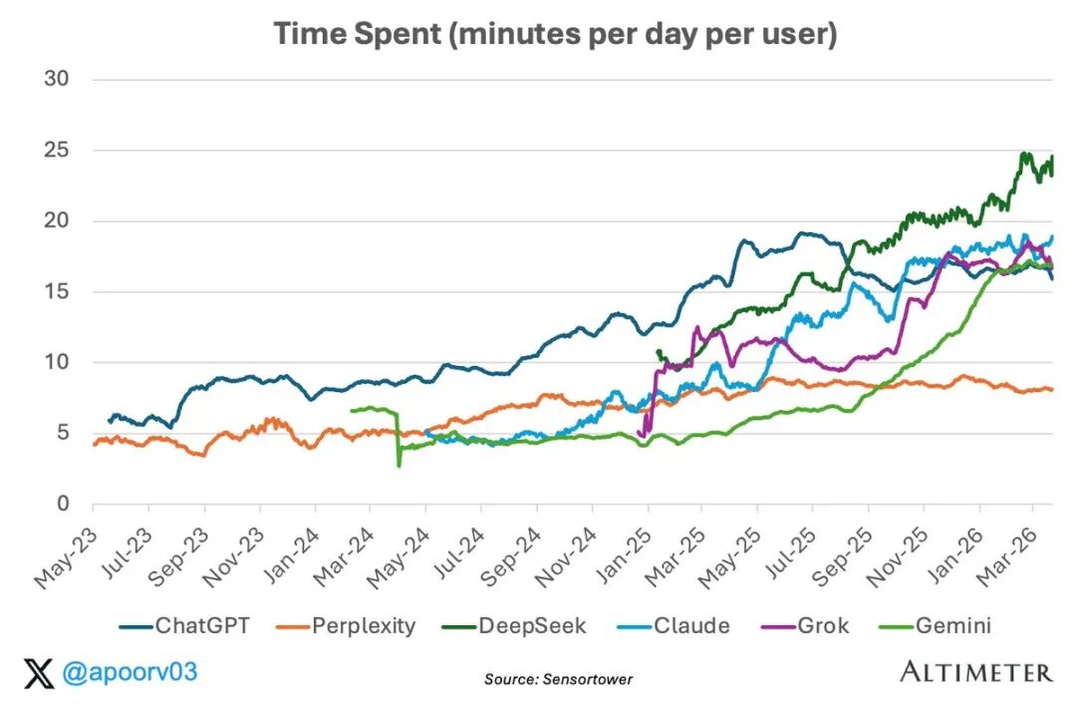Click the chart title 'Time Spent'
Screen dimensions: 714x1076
(x=555, y=34)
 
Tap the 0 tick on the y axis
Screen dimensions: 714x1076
(x=62, y=504)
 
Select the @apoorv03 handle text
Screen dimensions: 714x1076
(x=131, y=673)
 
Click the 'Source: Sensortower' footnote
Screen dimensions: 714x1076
(x=558, y=679)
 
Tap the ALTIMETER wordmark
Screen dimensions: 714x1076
(x=975, y=672)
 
